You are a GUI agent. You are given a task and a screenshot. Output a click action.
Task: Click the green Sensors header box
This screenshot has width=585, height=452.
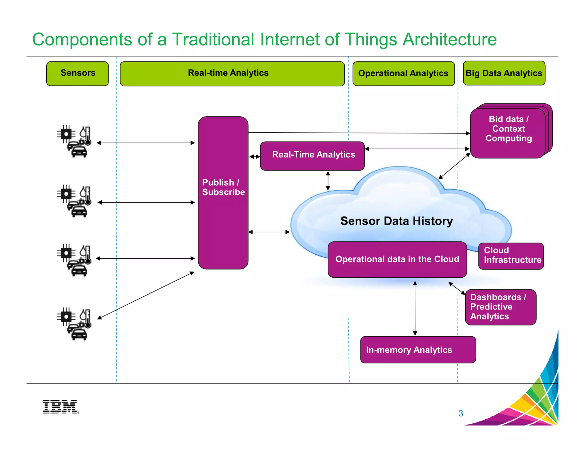coord(77,73)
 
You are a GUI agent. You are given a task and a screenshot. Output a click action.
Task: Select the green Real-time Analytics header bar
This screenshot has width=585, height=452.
coord(232,74)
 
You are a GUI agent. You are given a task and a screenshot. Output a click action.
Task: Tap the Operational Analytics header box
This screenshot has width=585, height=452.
coord(403,74)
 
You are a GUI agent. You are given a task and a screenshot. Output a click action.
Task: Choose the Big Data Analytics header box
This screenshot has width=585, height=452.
coord(504,73)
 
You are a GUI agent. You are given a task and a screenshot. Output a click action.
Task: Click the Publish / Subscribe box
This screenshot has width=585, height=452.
coord(223,193)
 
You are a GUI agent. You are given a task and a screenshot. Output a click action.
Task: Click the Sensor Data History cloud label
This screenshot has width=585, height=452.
coord(396,221)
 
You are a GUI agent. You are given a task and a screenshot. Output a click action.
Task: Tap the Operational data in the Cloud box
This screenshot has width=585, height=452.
coord(397,259)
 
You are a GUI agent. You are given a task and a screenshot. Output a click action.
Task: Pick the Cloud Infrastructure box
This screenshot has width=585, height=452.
coord(511,256)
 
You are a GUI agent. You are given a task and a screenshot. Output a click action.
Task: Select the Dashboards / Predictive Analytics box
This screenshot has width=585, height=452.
coord(500,307)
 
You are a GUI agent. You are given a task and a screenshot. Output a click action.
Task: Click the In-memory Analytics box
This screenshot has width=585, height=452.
coord(418,350)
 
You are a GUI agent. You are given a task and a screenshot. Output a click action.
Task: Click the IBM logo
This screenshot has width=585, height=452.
coord(60,406)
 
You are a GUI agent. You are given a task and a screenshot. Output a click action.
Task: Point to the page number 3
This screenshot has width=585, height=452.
coord(460,413)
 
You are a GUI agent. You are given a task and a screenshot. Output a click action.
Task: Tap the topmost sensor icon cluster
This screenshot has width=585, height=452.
coord(74,141)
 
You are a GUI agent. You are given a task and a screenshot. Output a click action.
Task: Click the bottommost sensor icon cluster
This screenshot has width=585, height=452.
coord(74,324)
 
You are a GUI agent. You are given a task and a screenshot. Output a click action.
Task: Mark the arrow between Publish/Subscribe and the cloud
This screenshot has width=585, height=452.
coord(269,232)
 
